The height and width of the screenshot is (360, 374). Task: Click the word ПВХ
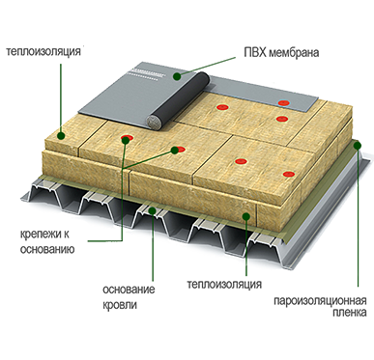(255, 52)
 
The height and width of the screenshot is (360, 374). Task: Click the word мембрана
(294, 53)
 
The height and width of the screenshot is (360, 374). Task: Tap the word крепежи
(40, 235)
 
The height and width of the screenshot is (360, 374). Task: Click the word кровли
(120, 304)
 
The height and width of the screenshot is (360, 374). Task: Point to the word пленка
(350, 313)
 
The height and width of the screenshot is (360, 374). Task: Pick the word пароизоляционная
(320, 301)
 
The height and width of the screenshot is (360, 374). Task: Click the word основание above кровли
(129, 290)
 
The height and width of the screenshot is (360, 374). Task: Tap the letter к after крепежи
(65, 235)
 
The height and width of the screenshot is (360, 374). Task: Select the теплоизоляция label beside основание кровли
(224, 285)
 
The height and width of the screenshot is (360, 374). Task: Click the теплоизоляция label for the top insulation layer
(43, 51)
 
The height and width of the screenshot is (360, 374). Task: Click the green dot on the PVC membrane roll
(177, 76)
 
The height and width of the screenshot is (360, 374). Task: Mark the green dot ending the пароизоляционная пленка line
(358, 146)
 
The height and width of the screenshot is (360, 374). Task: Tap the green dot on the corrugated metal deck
(153, 210)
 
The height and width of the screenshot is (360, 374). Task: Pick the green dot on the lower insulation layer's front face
(246, 215)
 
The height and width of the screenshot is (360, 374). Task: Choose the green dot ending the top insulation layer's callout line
(61, 136)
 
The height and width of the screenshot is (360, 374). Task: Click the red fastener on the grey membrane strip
(284, 103)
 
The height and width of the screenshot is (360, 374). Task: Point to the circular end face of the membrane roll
(154, 122)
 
